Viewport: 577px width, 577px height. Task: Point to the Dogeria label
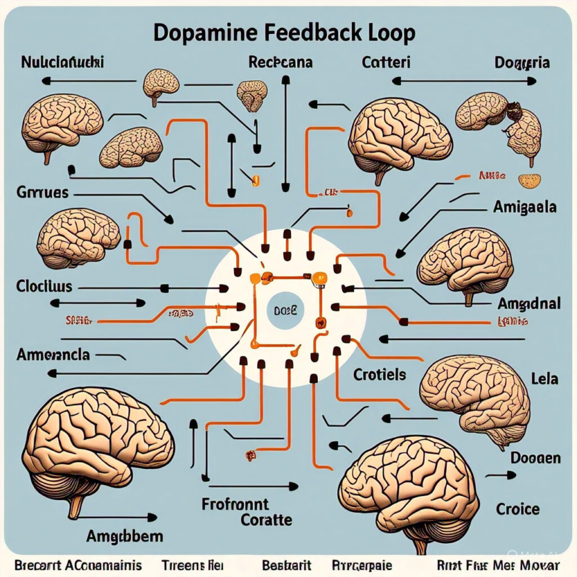point(521,63)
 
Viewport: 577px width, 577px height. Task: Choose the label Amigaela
point(525,207)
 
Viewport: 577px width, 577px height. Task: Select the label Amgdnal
point(529,304)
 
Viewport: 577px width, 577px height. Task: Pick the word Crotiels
point(380,374)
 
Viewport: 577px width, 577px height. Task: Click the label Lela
point(544,378)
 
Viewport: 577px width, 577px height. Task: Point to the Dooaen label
point(535,458)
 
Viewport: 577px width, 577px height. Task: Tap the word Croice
point(517,509)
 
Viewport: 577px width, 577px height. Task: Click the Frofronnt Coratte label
point(243,512)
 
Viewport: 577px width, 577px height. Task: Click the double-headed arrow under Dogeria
point(464,81)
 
